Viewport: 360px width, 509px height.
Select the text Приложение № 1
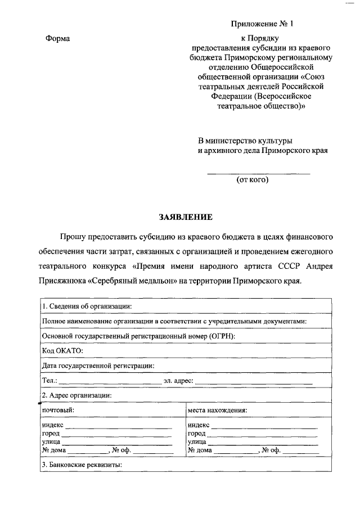[262, 24]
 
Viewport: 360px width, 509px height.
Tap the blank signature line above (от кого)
[259, 173]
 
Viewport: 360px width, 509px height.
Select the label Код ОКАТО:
[62, 350]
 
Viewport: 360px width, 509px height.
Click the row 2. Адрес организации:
[76, 395]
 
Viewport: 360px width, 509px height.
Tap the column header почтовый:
[58, 410]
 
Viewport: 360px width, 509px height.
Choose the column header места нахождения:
[217, 410]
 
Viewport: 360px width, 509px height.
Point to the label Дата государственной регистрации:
[98, 366]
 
